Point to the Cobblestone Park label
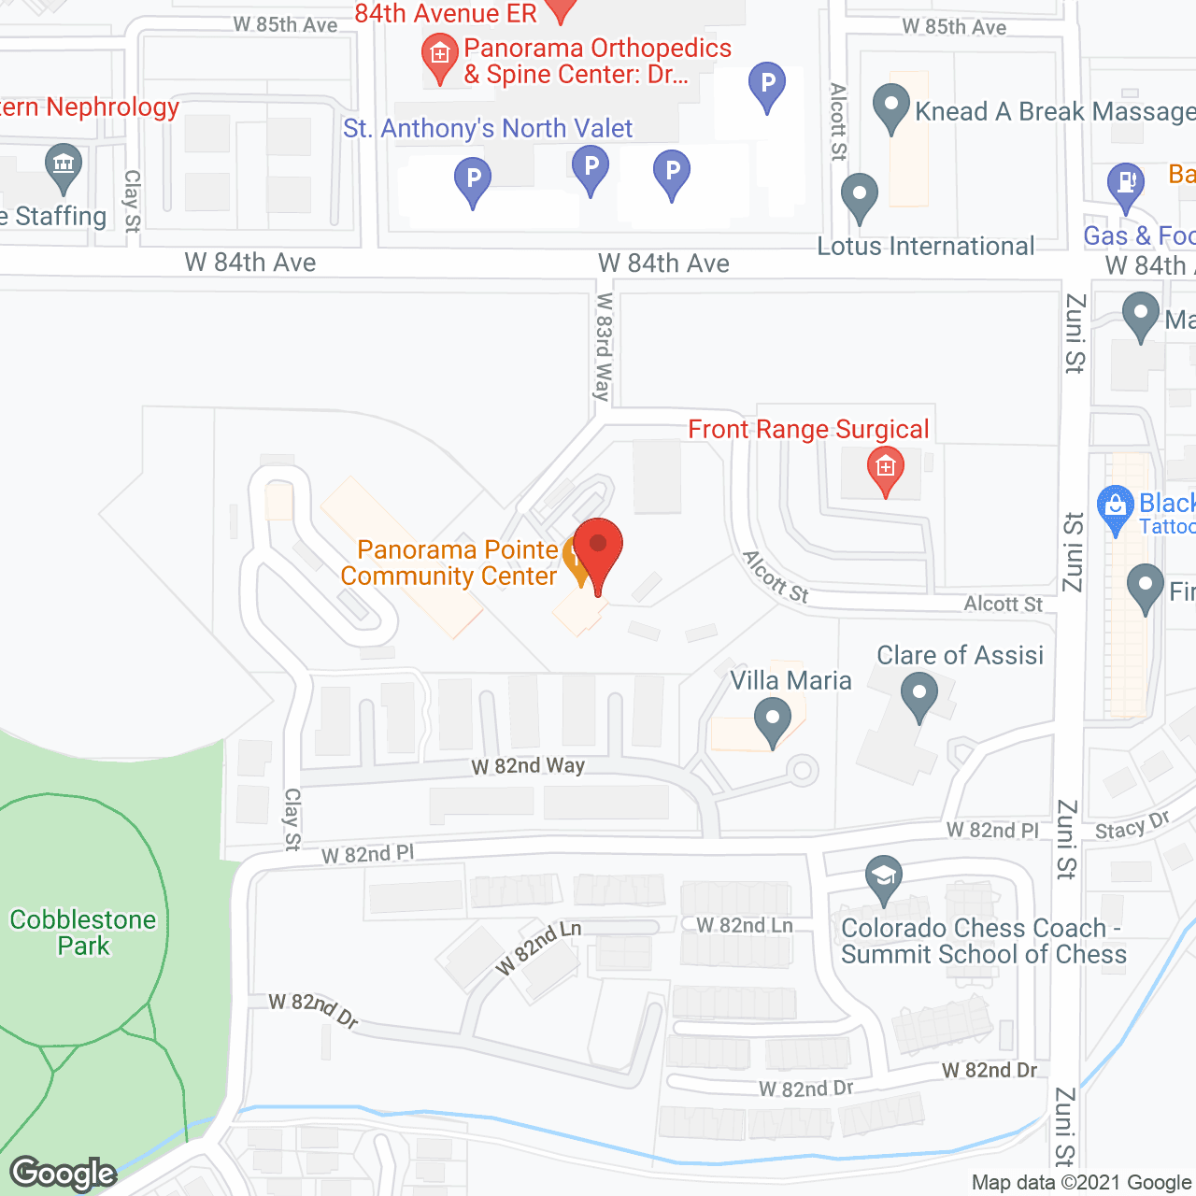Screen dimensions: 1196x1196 pyautogui.click(x=83, y=933)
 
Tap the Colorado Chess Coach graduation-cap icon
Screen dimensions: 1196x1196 pyautogui.click(x=884, y=878)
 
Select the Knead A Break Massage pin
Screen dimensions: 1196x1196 pyautogui.click(x=890, y=107)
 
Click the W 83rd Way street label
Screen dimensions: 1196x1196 pyautogui.click(x=604, y=347)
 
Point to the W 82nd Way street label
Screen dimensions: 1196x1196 pyautogui.click(x=528, y=766)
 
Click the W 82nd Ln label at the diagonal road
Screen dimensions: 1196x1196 pyautogui.click(x=538, y=947)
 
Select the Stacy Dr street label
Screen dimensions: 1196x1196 pyautogui.click(x=1132, y=826)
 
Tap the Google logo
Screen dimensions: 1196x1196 pyautogui.click(x=64, y=1174)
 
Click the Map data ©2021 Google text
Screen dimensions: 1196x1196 pyautogui.click(x=1081, y=1183)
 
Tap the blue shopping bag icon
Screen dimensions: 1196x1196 pyautogui.click(x=1116, y=508)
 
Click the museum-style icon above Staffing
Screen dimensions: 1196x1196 pyautogui.click(x=64, y=166)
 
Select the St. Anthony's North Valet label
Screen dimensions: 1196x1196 pyautogui.click(x=488, y=129)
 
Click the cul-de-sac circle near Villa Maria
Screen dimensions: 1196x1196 pyautogui.click(x=802, y=771)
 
